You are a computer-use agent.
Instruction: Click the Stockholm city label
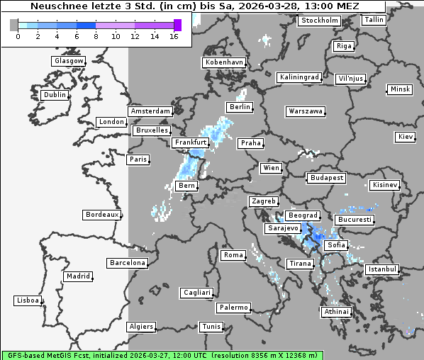coord(319,21)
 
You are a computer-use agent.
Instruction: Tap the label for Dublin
coord(55,95)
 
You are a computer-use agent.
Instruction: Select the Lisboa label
coord(28,300)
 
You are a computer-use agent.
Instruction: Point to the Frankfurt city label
coord(190,142)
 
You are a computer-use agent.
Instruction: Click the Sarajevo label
coord(283,229)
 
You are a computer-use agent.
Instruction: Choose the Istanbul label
coord(382,270)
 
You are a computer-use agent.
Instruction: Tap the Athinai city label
coord(336,312)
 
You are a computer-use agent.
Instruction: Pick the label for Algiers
coord(140,327)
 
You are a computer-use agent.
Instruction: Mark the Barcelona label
coord(128,263)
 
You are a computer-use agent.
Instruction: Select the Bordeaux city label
coord(101,215)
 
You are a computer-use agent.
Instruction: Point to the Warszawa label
coord(306,111)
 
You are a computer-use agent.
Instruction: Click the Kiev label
coord(406,136)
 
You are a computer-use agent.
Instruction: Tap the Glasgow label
coord(68,61)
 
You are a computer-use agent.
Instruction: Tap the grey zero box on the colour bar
coord(14,25)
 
